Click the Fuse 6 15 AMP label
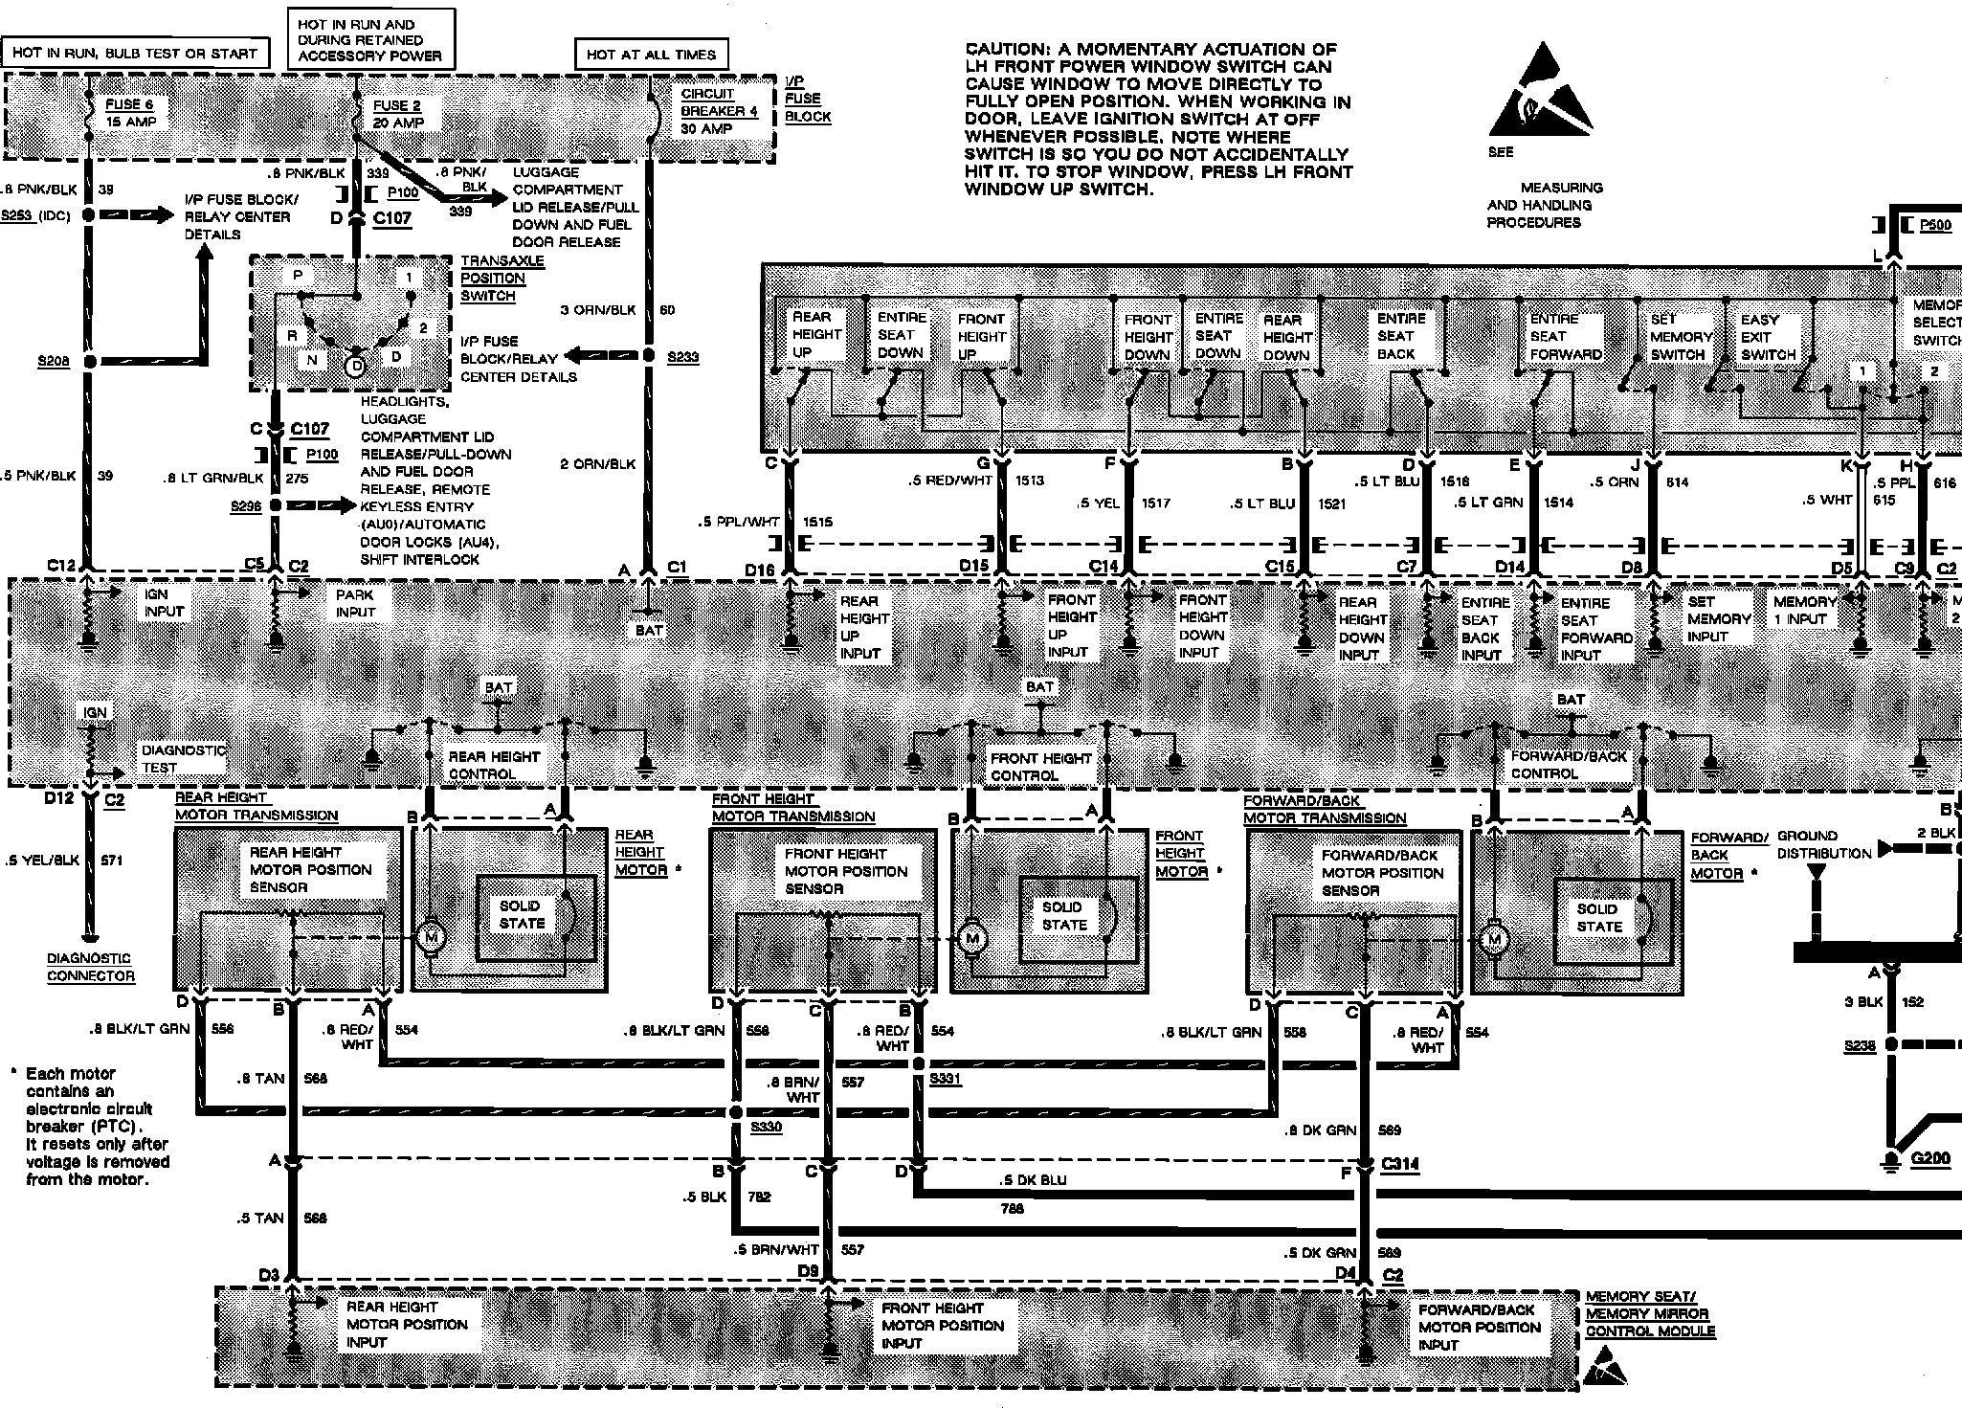pos(129,113)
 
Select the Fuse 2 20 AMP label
pos(397,114)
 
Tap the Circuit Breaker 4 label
pos(719,111)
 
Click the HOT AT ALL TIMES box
pos(651,54)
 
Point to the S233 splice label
pos(682,357)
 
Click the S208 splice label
pos(54,362)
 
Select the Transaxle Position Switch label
pos(502,279)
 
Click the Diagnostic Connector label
pos(91,967)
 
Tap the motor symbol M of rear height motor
pos(431,935)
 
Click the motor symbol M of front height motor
pos(972,938)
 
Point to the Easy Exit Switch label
pos(1767,337)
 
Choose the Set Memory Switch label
pos(1681,337)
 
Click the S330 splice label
pos(766,1128)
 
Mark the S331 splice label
pos(946,1079)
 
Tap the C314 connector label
pos(1400,1164)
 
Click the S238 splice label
pos(1860,1046)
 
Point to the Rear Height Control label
pos(494,765)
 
